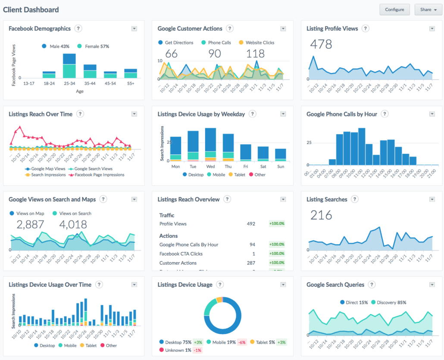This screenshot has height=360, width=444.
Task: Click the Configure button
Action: click(394, 9)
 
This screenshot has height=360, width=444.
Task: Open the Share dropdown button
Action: click(428, 9)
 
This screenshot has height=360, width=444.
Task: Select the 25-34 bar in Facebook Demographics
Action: click(69, 66)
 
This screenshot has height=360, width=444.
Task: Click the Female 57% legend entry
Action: click(93, 46)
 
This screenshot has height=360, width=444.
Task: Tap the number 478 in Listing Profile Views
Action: click(321, 44)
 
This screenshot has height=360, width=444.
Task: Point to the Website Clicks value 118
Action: click(255, 54)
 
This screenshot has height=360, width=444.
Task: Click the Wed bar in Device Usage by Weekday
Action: click(210, 144)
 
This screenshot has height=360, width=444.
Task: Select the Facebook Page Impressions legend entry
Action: click(97, 175)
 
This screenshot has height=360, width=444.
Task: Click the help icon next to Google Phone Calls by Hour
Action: click(385, 114)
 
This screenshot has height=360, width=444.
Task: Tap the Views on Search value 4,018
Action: click(73, 224)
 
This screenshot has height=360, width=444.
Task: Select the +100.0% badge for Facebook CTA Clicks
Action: click(276, 254)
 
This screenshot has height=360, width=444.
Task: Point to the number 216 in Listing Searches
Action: click(321, 215)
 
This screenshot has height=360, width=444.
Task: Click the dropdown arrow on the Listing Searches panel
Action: click(432, 200)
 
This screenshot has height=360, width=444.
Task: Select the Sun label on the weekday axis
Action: click(280, 166)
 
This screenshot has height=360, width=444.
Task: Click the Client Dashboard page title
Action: click(31, 9)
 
